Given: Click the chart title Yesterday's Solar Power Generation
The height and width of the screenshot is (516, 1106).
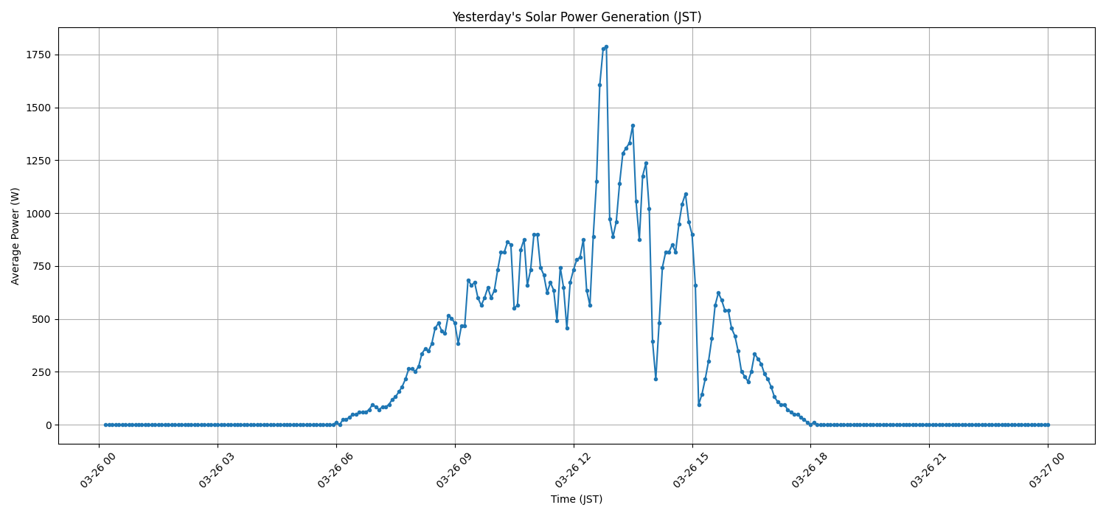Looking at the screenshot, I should tap(576, 17).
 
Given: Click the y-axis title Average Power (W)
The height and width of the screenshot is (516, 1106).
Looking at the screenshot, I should tap(15, 236).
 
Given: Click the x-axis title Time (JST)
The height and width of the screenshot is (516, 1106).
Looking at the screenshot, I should tap(576, 499).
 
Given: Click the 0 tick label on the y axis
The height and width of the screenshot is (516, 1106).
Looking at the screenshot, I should tap(48, 425).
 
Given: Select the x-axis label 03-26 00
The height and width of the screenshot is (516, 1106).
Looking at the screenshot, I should tap(99, 469).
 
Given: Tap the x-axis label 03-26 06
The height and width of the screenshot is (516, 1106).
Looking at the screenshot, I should tap(335, 469).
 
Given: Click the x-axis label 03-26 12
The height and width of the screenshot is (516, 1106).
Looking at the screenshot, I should tap(573, 469).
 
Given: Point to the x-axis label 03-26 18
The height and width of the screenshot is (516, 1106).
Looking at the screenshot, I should tap(810, 469).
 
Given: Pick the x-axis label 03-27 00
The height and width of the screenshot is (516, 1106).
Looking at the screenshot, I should tap(1047, 469).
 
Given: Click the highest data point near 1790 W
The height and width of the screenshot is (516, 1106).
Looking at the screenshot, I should tap(606, 46).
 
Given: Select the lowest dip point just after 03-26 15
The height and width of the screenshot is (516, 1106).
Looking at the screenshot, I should tap(699, 405).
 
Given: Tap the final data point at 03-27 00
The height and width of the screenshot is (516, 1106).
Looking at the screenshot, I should tap(1048, 425).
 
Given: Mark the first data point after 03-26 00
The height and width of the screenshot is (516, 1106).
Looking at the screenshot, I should tap(105, 425).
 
